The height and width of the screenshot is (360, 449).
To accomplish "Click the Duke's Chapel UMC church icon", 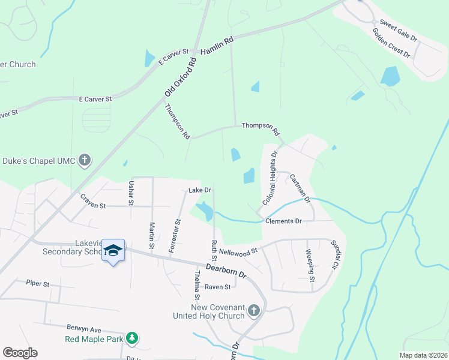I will pyautogui.click(x=85, y=160).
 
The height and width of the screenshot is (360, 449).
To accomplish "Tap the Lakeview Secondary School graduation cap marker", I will pyautogui.click(x=112, y=251).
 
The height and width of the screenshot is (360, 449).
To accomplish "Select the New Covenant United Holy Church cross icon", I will pyautogui.click(x=253, y=310).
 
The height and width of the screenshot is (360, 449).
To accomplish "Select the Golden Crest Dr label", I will pyautogui.click(x=391, y=43).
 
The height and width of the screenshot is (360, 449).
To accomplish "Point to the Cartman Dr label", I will pyautogui.click(x=299, y=187).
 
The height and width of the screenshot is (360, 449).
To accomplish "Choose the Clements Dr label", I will pyautogui.click(x=283, y=221).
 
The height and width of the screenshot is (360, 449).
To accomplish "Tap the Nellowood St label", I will pyautogui.click(x=238, y=250).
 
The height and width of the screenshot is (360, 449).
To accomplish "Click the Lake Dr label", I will pyautogui.click(x=200, y=190).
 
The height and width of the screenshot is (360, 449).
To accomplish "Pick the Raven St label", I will pyautogui.click(x=217, y=287).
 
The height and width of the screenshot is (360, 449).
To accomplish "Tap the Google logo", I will pyautogui.click(x=20, y=353).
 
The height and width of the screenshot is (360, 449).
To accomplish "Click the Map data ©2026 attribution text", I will pyautogui.click(x=423, y=355).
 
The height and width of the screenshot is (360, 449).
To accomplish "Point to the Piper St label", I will pyautogui.click(x=37, y=283).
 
